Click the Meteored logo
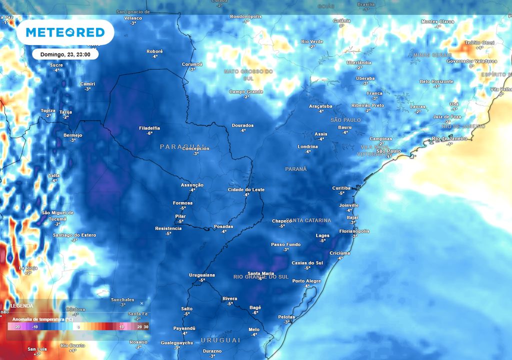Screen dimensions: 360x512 click(65, 32)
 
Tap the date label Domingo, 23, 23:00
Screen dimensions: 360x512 click(65, 54)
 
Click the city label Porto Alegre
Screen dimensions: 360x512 click(306, 281)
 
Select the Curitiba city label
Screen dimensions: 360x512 click(341, 188)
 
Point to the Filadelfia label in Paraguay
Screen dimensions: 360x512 click(149, 128)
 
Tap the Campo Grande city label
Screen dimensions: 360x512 click(246, 92)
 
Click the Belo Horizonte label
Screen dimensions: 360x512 click(436, 81)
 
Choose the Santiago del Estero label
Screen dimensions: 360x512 click(74, 235)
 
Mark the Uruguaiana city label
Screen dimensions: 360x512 click(202, 275)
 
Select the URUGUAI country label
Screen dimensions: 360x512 click(220, 340)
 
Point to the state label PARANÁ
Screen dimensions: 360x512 click(295, 169)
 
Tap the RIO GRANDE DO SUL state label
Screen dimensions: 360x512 click(261, 276)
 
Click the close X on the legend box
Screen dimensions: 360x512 click(141, 303)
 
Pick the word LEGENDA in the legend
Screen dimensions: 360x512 click(22, 305)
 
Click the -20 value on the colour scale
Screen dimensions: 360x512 click(16, 327)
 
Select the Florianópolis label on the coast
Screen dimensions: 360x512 click(354, 231)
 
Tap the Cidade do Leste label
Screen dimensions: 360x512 click(246, 190)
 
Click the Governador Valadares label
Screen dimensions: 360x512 click(471, 61)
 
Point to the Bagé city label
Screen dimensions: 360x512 click(255, 307)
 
